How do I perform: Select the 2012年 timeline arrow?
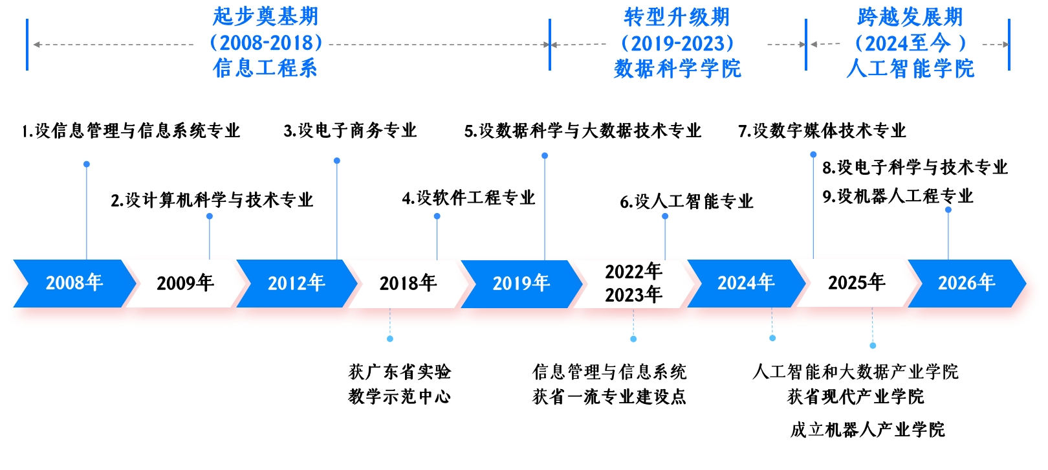[297, 283]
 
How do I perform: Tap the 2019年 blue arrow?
[521, 284]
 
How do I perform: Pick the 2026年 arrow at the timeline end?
[967, 283]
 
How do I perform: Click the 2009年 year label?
[185, 283]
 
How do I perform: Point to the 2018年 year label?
[408, 283]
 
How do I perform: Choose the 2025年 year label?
[857, 282]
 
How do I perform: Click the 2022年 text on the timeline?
[633, 271]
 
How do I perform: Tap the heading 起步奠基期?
[265, 17]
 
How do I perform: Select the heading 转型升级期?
[677, 17]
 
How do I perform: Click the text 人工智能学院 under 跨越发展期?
[910, 69]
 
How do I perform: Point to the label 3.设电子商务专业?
[350, 131]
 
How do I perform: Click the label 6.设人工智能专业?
[687, 202]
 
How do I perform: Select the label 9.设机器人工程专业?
[898, 196]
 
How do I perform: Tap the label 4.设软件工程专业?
[468, 198]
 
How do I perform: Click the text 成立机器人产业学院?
[868, 430]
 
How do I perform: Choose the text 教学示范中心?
[400, 396]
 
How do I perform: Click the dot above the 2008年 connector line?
[87, 164]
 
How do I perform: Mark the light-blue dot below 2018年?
[390, 339]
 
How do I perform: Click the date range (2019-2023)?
[677, 43]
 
